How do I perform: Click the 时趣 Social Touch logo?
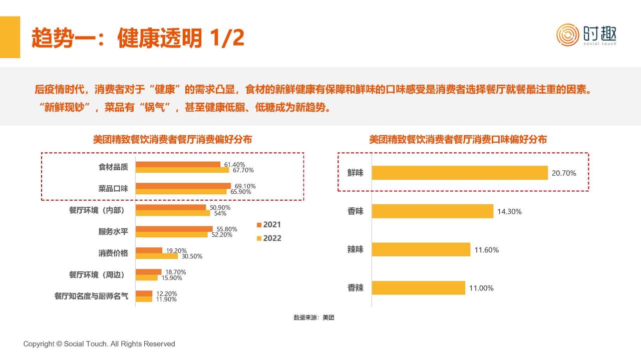coord(586,35)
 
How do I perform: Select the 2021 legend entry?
coord(269,224)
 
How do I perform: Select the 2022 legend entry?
coord(269,238)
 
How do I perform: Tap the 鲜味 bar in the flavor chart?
coord(460,173)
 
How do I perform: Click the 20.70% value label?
coord(564,173)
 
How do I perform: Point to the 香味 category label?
coord(356,211)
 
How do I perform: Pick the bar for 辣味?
coord(421,249)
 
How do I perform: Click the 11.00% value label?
coord(481,288)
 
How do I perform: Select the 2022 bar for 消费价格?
coord(157,256)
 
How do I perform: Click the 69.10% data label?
coord(245,186)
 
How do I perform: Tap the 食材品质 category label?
coord(113,167)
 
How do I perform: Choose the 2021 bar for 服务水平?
coord(174,229)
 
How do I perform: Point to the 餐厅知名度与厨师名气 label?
coord(91,296)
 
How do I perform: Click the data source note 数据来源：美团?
coord(313,317)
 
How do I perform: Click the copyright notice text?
coord(99,344)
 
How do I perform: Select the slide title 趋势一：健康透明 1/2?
coord(138,38)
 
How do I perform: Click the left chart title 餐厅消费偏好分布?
coord(172,140)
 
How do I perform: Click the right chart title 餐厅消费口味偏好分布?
coord(458,140)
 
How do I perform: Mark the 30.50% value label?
coord(192,256)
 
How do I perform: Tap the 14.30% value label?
coord(509,211)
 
